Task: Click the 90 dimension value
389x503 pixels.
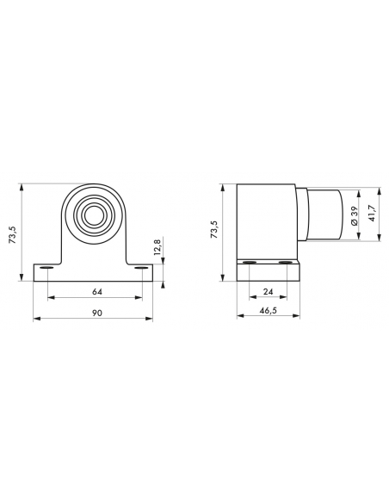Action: pos(97,313)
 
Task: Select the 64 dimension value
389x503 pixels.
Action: pos(97,292)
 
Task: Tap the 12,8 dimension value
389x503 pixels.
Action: pos(157,246)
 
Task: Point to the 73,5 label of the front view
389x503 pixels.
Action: pos(12,234)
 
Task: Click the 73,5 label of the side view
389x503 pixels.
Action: pos(213,229)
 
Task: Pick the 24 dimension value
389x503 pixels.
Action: pos(268,291)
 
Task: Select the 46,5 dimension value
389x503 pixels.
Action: pos(269,310)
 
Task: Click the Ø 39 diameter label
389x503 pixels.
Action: pos(354,215)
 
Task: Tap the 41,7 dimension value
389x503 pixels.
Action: pos(372,213)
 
